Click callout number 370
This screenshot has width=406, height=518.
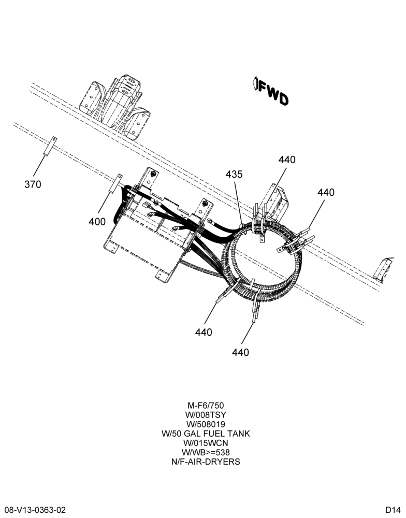coord(33,184)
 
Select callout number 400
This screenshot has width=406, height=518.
coord(97,222)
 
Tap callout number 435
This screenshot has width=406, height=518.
coord(234,174)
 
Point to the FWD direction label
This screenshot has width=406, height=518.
coord(273,94)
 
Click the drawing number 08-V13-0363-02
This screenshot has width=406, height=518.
coord(35,510)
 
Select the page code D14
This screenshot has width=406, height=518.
coord(393,510)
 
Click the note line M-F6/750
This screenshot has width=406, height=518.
coord(206,406)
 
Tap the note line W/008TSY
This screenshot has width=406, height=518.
coord(206,414)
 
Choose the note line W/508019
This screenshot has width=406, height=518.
coord(206,424)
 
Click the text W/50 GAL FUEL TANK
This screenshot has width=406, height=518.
coord(206,434)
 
